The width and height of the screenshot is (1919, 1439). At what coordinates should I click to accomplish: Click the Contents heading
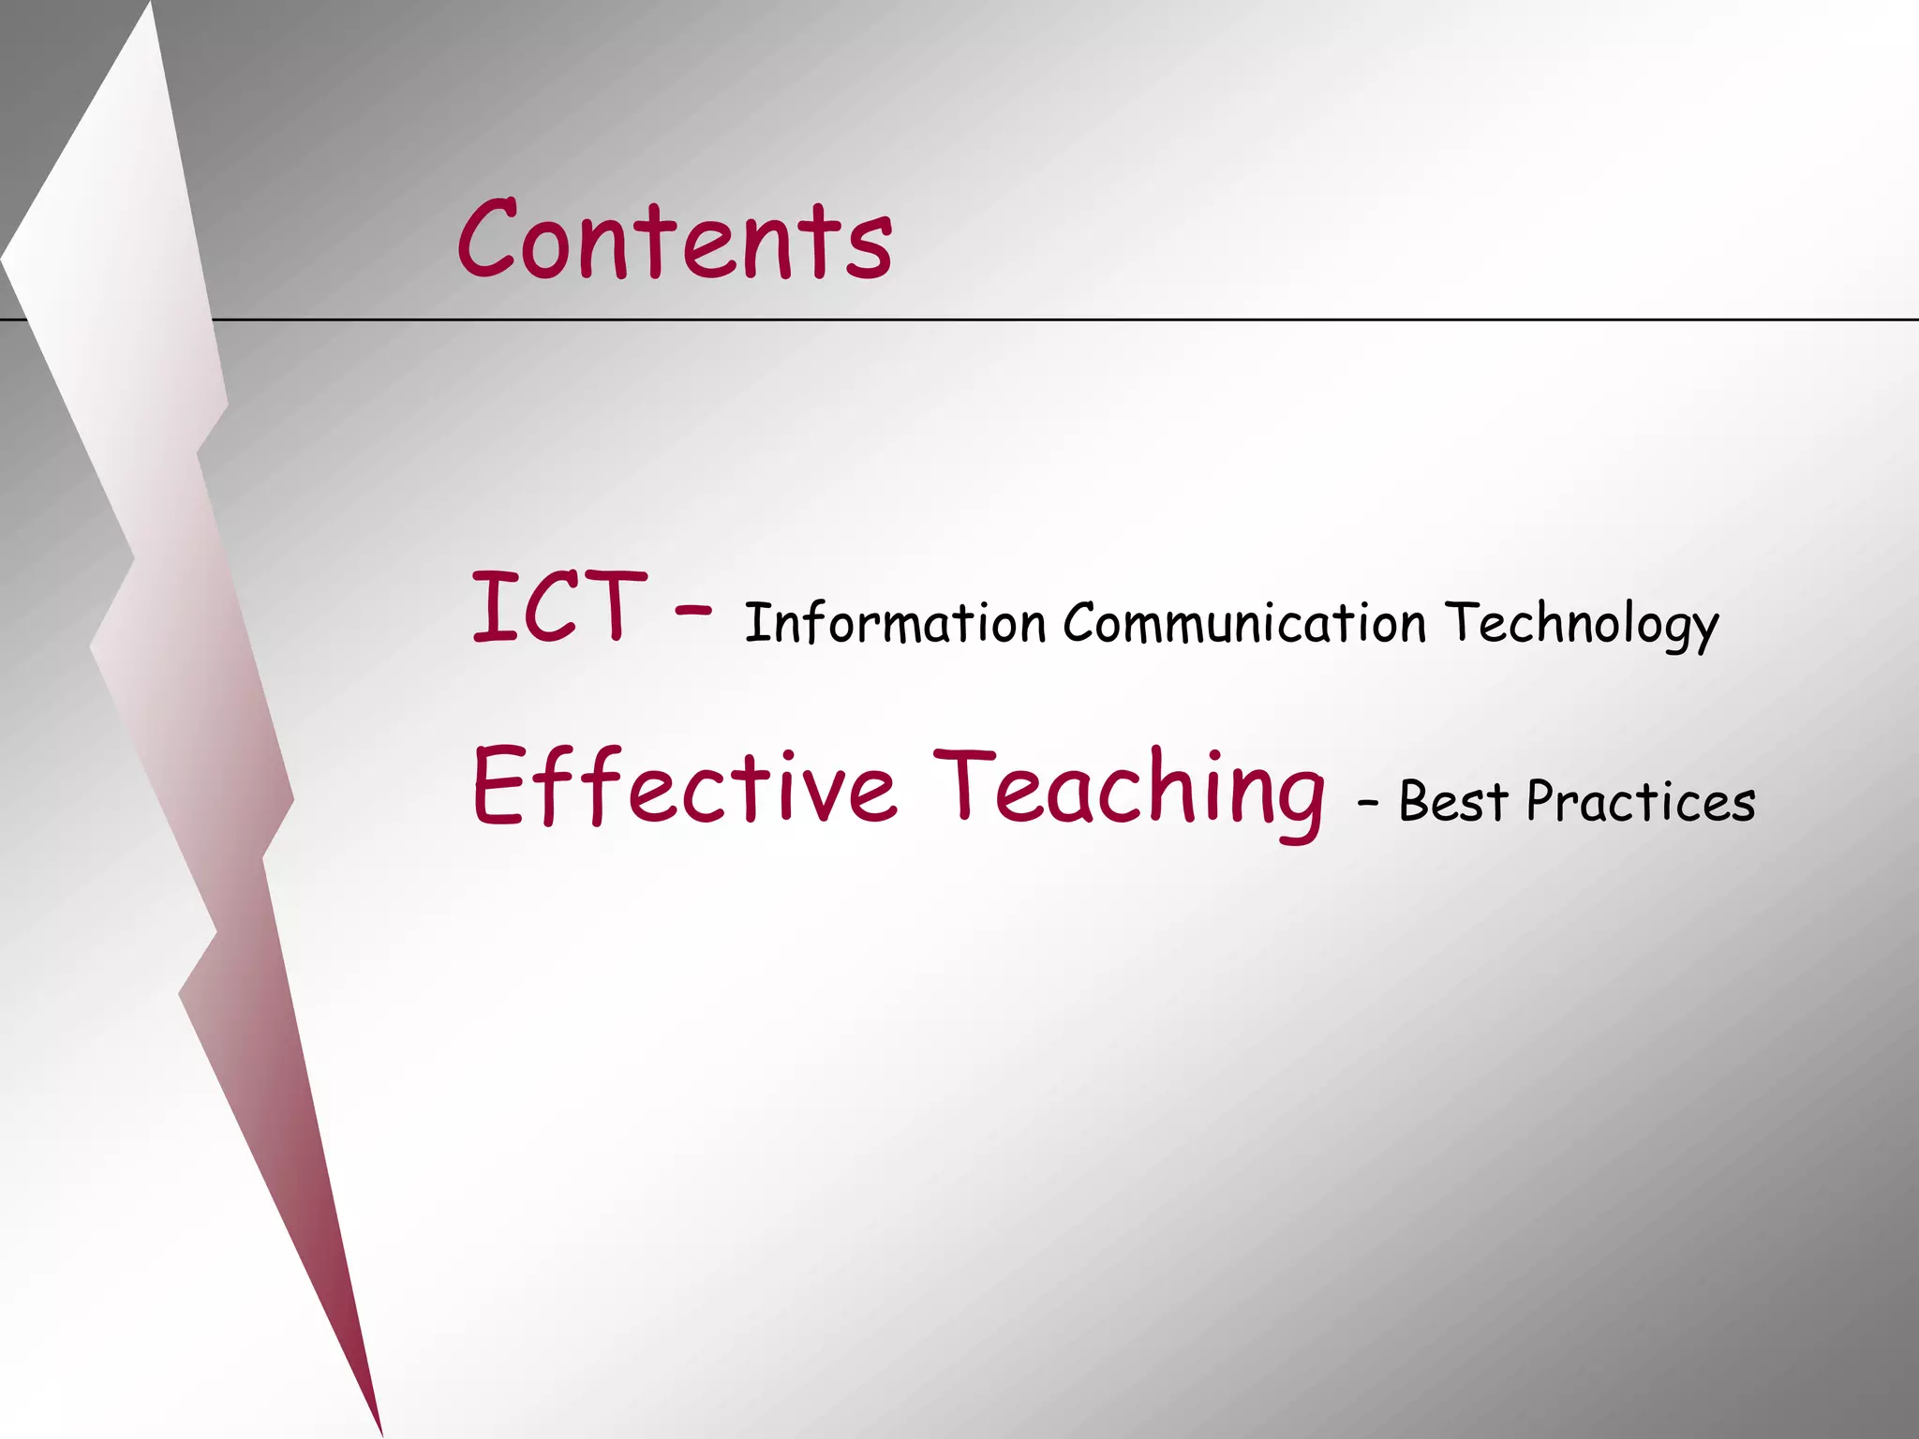pos(675,240)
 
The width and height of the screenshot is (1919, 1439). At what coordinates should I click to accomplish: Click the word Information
pos(895,623)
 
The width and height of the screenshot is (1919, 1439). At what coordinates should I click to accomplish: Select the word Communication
pos(1244,623)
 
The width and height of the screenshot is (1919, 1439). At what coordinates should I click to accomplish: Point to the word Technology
pos(1582,626)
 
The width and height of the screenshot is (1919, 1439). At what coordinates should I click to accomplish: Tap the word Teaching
pos(1129,792)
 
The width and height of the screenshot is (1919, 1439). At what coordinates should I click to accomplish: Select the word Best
pos(1453,802)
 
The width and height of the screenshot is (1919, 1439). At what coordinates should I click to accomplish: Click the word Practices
pos(1641,802)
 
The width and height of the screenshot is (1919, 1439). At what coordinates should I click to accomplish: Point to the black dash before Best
pos(1368,804)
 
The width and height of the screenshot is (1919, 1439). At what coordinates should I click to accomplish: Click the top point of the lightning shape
pos(151,6)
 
